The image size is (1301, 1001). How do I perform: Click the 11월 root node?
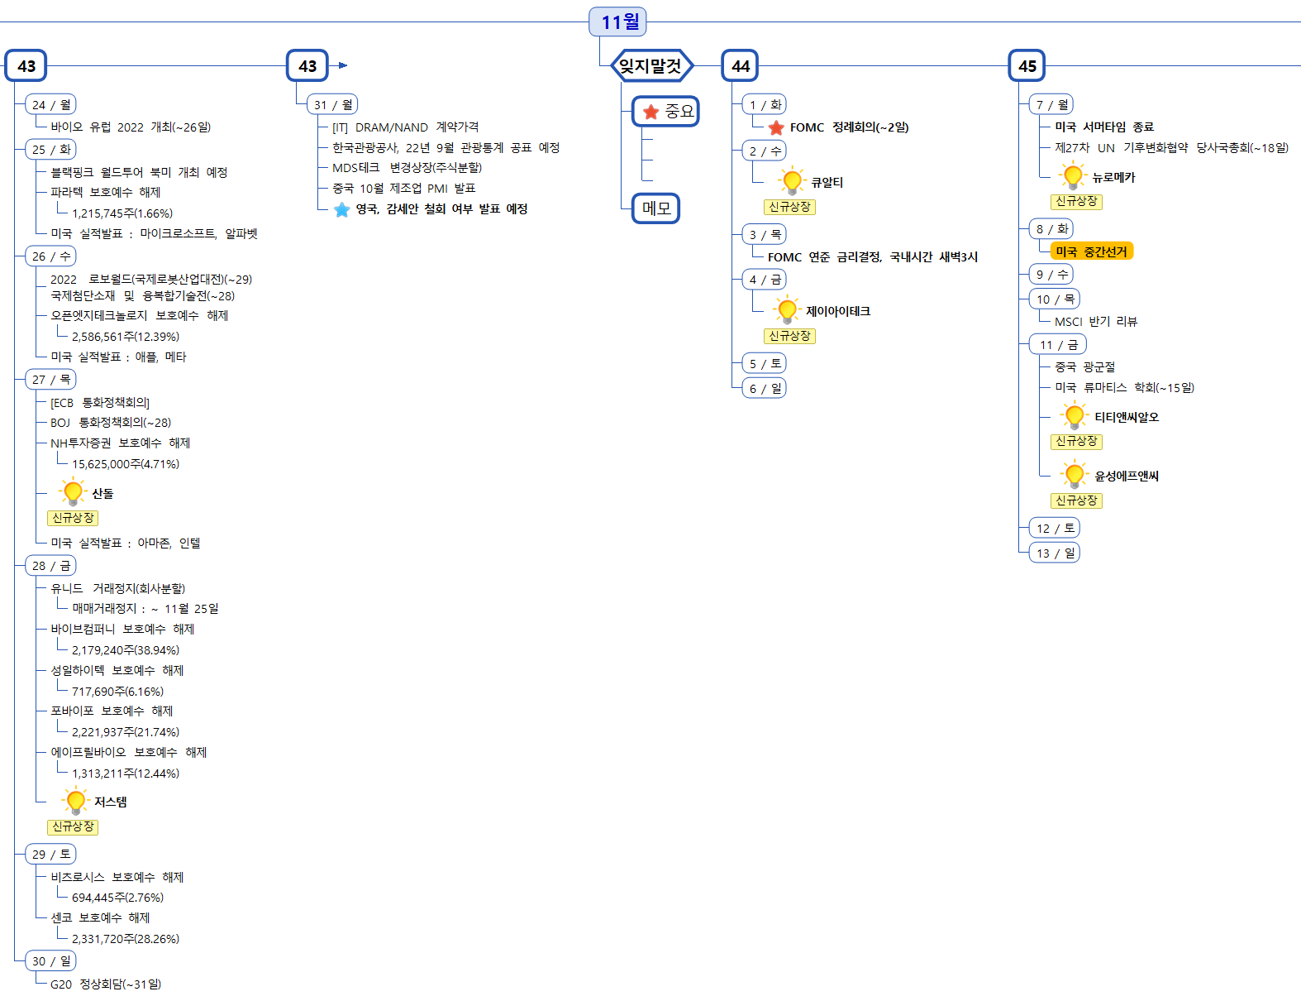(x=617, y=22)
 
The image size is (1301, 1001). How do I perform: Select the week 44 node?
(x=740, y=66)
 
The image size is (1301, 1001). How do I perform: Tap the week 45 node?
(x=1027, y=66)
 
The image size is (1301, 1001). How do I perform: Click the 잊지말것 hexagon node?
(x=651, y=65)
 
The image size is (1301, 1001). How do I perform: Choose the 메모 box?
(x=656, y=208)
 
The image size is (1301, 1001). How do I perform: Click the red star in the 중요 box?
(x=651, y=112)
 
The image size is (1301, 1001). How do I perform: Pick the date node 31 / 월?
(x=332, y=104)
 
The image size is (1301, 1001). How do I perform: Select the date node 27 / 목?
(x=51, y=380)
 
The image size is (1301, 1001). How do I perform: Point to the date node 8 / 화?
(x=1051, y=228)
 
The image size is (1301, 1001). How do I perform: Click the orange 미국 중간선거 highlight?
(x=1091, y=251)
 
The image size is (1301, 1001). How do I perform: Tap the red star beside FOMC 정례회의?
(x=776, y=128)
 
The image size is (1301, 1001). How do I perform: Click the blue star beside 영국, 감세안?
(x=342, y=209)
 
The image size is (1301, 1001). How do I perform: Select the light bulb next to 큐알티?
(x=792, y=180)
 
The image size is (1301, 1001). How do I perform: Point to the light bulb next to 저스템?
(x=75, y=800)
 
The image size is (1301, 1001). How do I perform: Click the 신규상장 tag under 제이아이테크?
(x=789, y=336)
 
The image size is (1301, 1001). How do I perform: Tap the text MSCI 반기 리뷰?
(x=1096, y=322)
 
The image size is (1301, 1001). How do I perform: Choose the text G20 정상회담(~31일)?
(x=106, y=984)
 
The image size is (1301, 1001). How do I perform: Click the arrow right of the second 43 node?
(x=343, y=65)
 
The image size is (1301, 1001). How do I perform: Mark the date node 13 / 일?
(x=1055, y=553)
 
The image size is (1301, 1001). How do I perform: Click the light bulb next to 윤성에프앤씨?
(x=1075, y=474)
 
